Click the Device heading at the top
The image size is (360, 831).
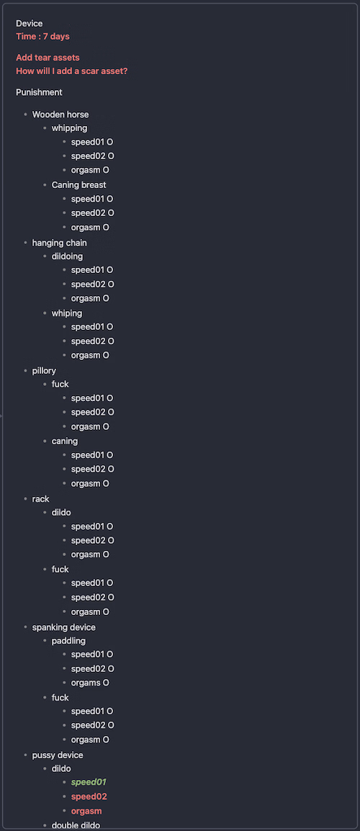[30, 23]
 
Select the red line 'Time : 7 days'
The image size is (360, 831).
[42, 37]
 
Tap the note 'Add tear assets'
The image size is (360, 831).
[48, 58]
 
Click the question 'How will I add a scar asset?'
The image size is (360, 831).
[71, 71]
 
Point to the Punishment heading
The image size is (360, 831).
[39, 92]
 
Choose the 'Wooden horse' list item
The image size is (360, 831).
[60, 114]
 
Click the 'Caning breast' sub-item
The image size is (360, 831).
[79, 185]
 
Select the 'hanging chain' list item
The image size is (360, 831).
[59, 243]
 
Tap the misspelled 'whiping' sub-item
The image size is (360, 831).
[67, 313]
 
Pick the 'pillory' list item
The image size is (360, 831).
[44, 370]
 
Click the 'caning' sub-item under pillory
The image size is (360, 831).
[65, 441]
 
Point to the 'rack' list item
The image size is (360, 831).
[41, 499]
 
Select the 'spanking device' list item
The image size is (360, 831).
[64, 627]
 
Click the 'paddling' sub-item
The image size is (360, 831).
[68, 641]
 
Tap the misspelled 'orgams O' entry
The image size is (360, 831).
[90, 683]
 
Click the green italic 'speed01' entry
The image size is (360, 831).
[89, 782]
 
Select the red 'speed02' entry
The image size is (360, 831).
[89, 796]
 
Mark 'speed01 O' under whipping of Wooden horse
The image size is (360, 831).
[92, 142]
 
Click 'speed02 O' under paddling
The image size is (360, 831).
[92, 669]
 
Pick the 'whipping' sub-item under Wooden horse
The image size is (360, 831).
[69, 127]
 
